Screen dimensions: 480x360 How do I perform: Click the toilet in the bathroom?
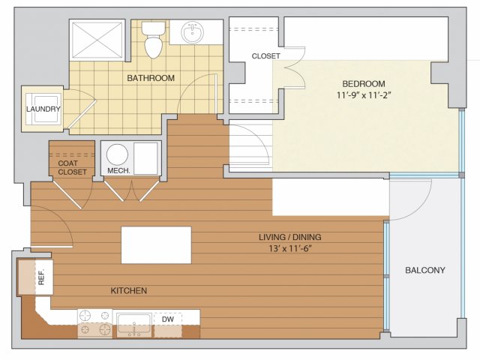point(153,39)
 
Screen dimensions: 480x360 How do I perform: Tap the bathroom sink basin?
point(192,31)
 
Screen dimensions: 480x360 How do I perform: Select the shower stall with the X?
point(97,39)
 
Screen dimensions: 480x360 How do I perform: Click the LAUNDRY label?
point(43,109)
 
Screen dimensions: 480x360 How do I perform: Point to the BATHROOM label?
point(151,78)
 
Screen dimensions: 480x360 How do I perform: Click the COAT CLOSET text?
point(72,167)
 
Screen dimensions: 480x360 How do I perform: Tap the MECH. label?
point(118,171)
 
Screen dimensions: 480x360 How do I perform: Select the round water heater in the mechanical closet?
point(117,155)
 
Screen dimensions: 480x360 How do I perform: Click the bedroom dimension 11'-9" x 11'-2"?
point(364,95)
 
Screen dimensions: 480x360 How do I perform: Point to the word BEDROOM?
point(364,83)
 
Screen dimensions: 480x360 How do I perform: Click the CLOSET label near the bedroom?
point(265,56)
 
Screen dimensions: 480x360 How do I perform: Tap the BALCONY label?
point(425,270)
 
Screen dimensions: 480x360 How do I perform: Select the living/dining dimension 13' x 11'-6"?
point(290,248)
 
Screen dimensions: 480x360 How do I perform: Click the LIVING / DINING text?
point(290,237)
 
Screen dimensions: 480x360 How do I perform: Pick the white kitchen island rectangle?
point(157,245)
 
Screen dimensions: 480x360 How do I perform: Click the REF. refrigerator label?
point(42,277)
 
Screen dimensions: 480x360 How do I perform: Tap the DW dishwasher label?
point(168,319)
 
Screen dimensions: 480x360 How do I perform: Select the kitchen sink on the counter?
point(134,325)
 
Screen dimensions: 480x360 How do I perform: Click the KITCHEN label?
point(129,290)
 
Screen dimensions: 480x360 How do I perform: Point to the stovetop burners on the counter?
point(95,324)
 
